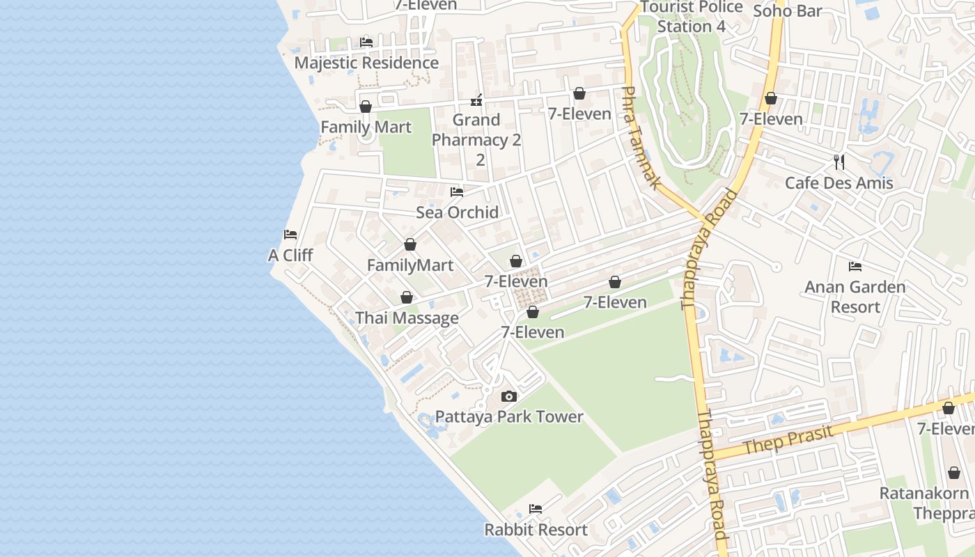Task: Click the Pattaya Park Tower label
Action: coord(509,417)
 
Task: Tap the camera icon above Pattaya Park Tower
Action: coord(509,397)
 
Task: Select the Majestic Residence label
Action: coord(366,63)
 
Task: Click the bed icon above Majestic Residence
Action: coord(366,42)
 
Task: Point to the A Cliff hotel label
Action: coord(290,256)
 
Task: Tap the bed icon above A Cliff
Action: coord(290,235)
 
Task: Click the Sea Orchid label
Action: coord(457,212)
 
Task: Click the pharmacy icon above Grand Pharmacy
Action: coord(477,100)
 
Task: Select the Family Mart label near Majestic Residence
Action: coord(366,127)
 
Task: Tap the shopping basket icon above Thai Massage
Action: coord(407,298)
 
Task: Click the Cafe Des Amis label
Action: coord(838,183)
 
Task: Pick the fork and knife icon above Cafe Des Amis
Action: coord(839,162)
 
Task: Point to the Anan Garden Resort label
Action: coord(855,297)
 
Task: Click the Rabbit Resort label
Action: coord(536,530)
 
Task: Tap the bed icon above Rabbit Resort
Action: coord(536,509)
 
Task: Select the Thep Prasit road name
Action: coord(788,441)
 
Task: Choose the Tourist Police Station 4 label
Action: coord(692,17)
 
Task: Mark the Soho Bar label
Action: coord(788,10)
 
